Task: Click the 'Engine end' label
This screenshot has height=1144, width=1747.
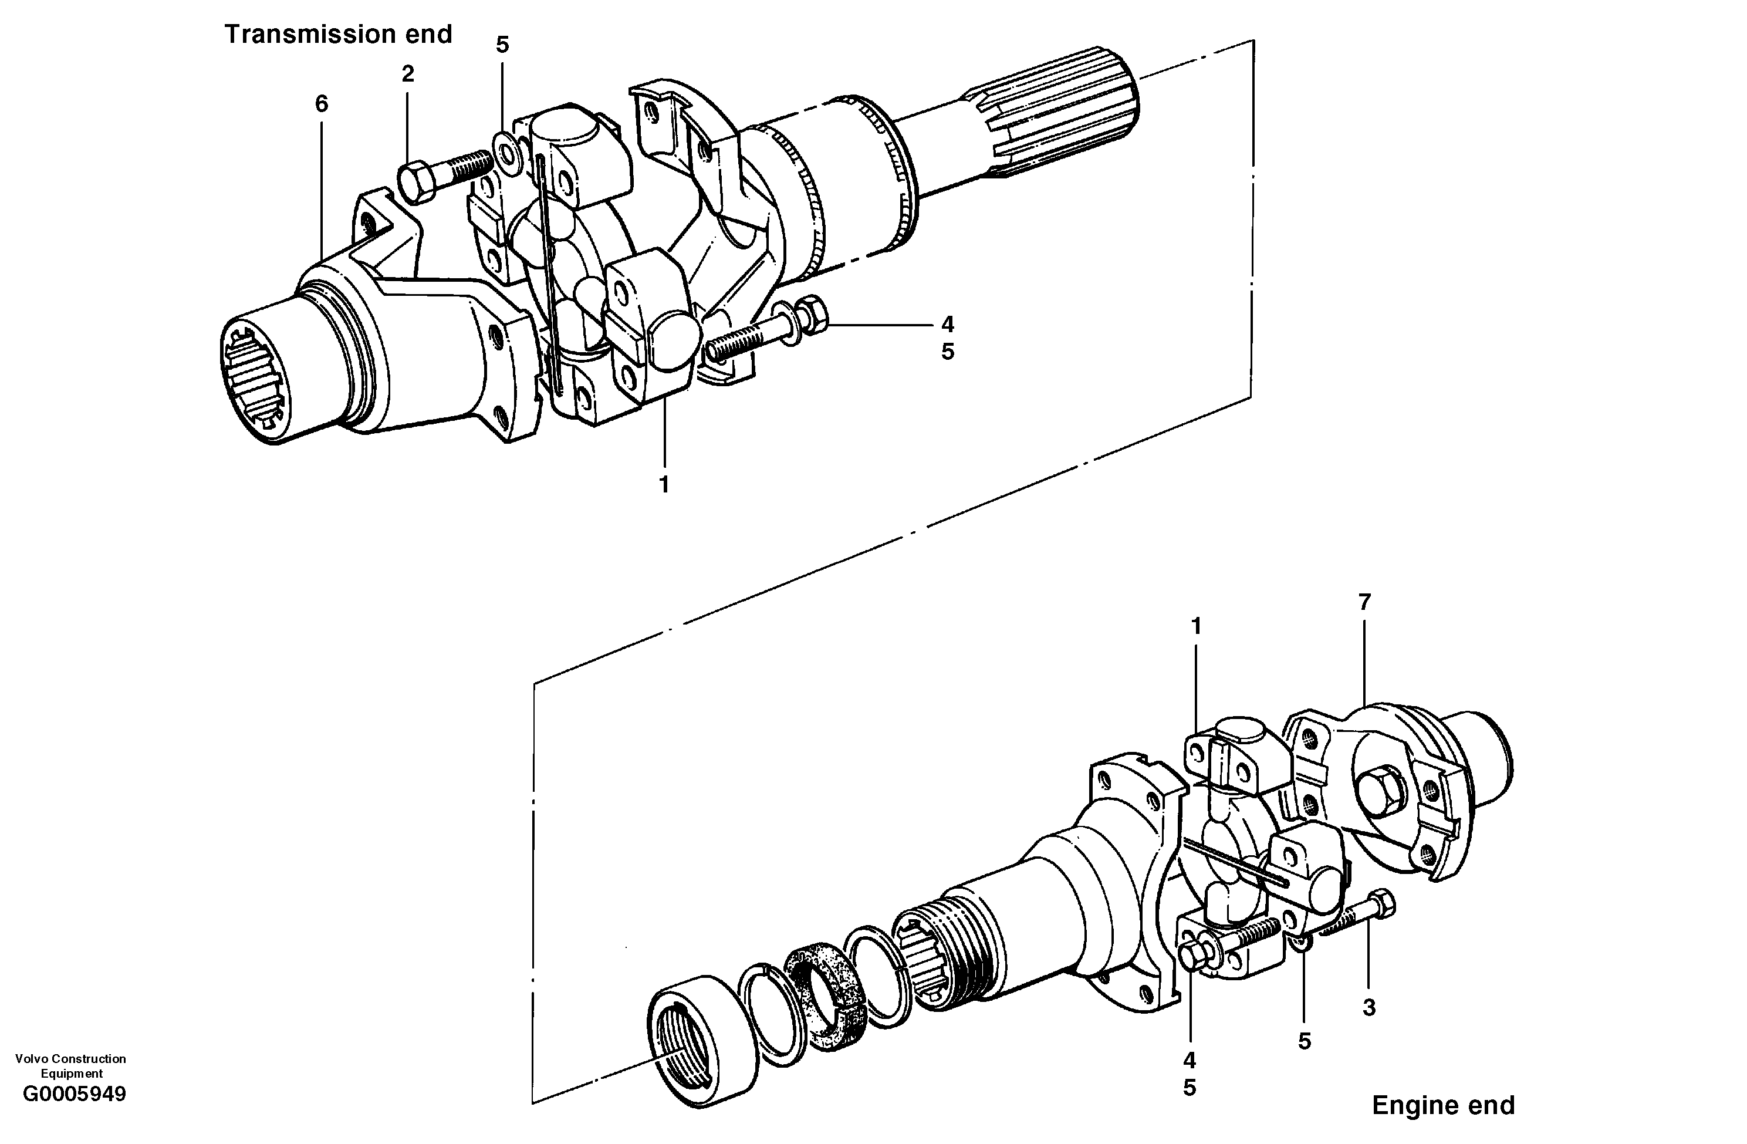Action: coord(1442,1105)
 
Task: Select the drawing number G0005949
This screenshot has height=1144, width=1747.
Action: coord(74,1094)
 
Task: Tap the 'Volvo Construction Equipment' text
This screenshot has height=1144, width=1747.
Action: coord(70,1065)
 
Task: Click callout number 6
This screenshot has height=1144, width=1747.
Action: coord(322,104)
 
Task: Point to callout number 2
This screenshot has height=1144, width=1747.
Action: coord(407,73)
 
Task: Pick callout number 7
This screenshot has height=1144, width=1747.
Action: coord(1364,602)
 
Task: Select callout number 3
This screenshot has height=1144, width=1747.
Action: coord(1368,1008)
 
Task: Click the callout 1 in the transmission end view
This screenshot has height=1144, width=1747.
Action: coord(664,485)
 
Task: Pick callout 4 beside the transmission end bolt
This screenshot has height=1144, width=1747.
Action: coord(947,324)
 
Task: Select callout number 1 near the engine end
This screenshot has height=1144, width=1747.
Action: coord(1196,626)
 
